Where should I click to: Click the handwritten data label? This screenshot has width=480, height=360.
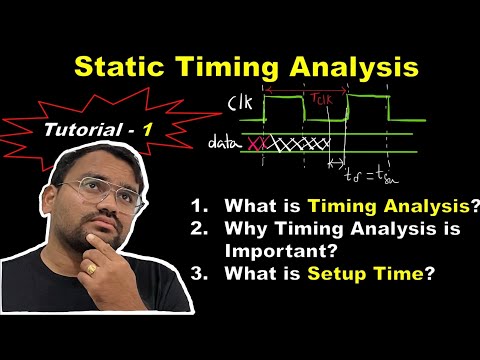point(226,144)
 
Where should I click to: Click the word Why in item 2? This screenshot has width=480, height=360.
point(245,230)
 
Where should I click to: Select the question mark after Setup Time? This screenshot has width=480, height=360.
point(430,270)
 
